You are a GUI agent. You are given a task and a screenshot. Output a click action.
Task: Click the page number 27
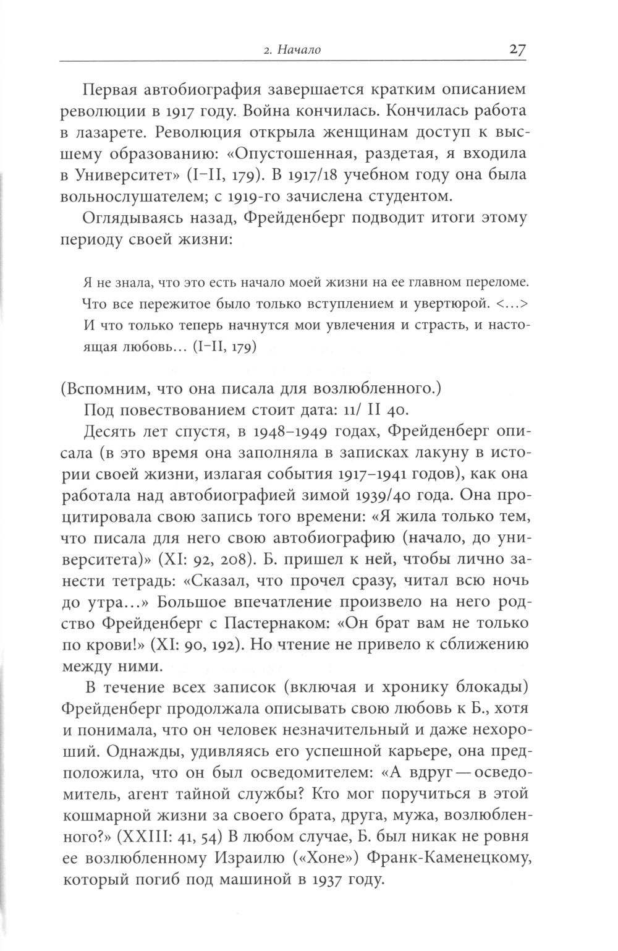[x=517, y=49]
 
